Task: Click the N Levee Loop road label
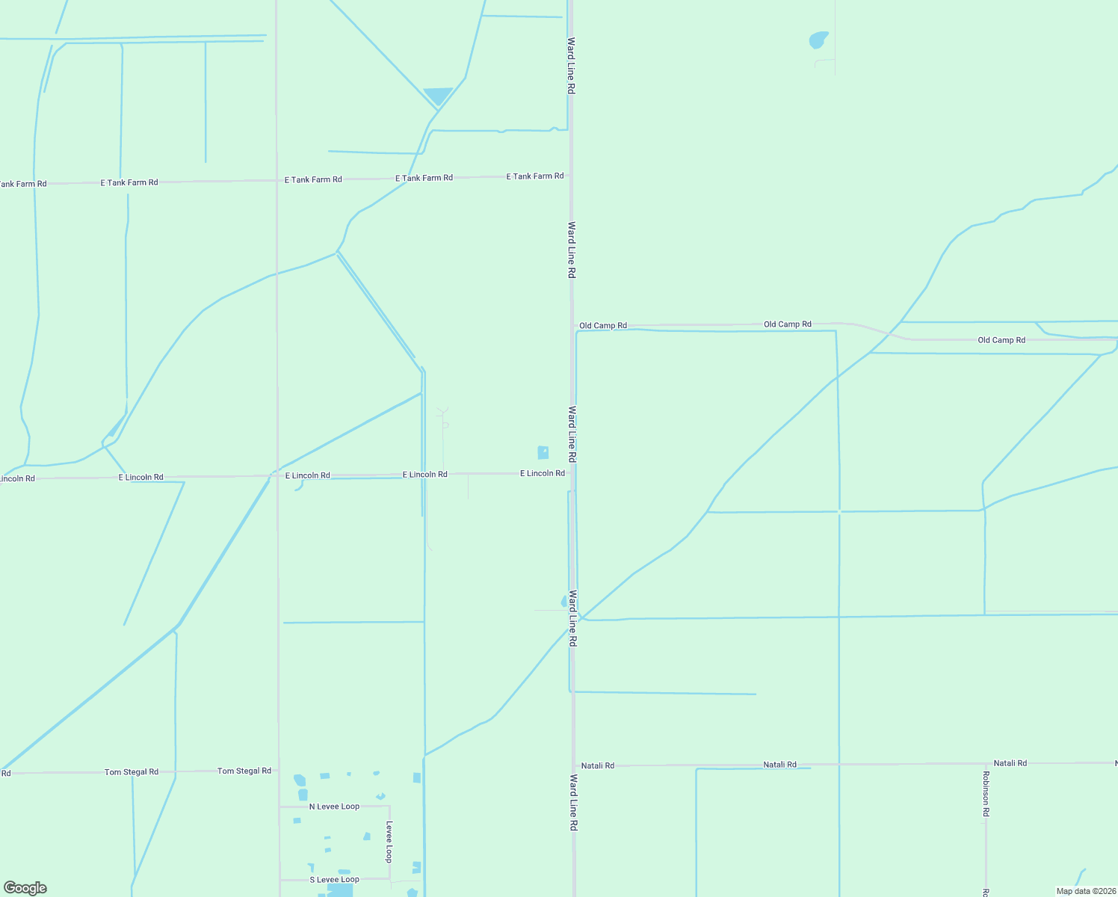pos(334,807)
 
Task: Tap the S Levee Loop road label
pos(334,880)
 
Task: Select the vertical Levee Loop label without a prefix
pos(389,842)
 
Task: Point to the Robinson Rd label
pos(986,793)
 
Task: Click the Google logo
pos(25,888)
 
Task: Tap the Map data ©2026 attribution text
pos(1086,891)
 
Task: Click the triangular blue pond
pos(437,96)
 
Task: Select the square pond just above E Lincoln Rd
pos(543,452)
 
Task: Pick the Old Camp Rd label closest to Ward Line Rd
pos(602,326)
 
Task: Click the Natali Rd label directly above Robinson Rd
pos(1010,763)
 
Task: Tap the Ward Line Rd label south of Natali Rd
pos(573,803)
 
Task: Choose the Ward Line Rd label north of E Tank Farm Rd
pos(571,65)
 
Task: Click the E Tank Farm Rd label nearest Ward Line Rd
pos(534,176)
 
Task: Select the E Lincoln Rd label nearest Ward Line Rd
pos(542,473)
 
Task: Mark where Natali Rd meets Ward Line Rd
pos(574,765)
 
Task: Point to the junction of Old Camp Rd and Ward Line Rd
pos(573,327)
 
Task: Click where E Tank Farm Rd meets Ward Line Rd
pos(571,176)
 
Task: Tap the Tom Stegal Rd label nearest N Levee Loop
pos(244,771)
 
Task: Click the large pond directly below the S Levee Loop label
pos(340,891)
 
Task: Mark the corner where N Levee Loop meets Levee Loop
pos(389,807)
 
